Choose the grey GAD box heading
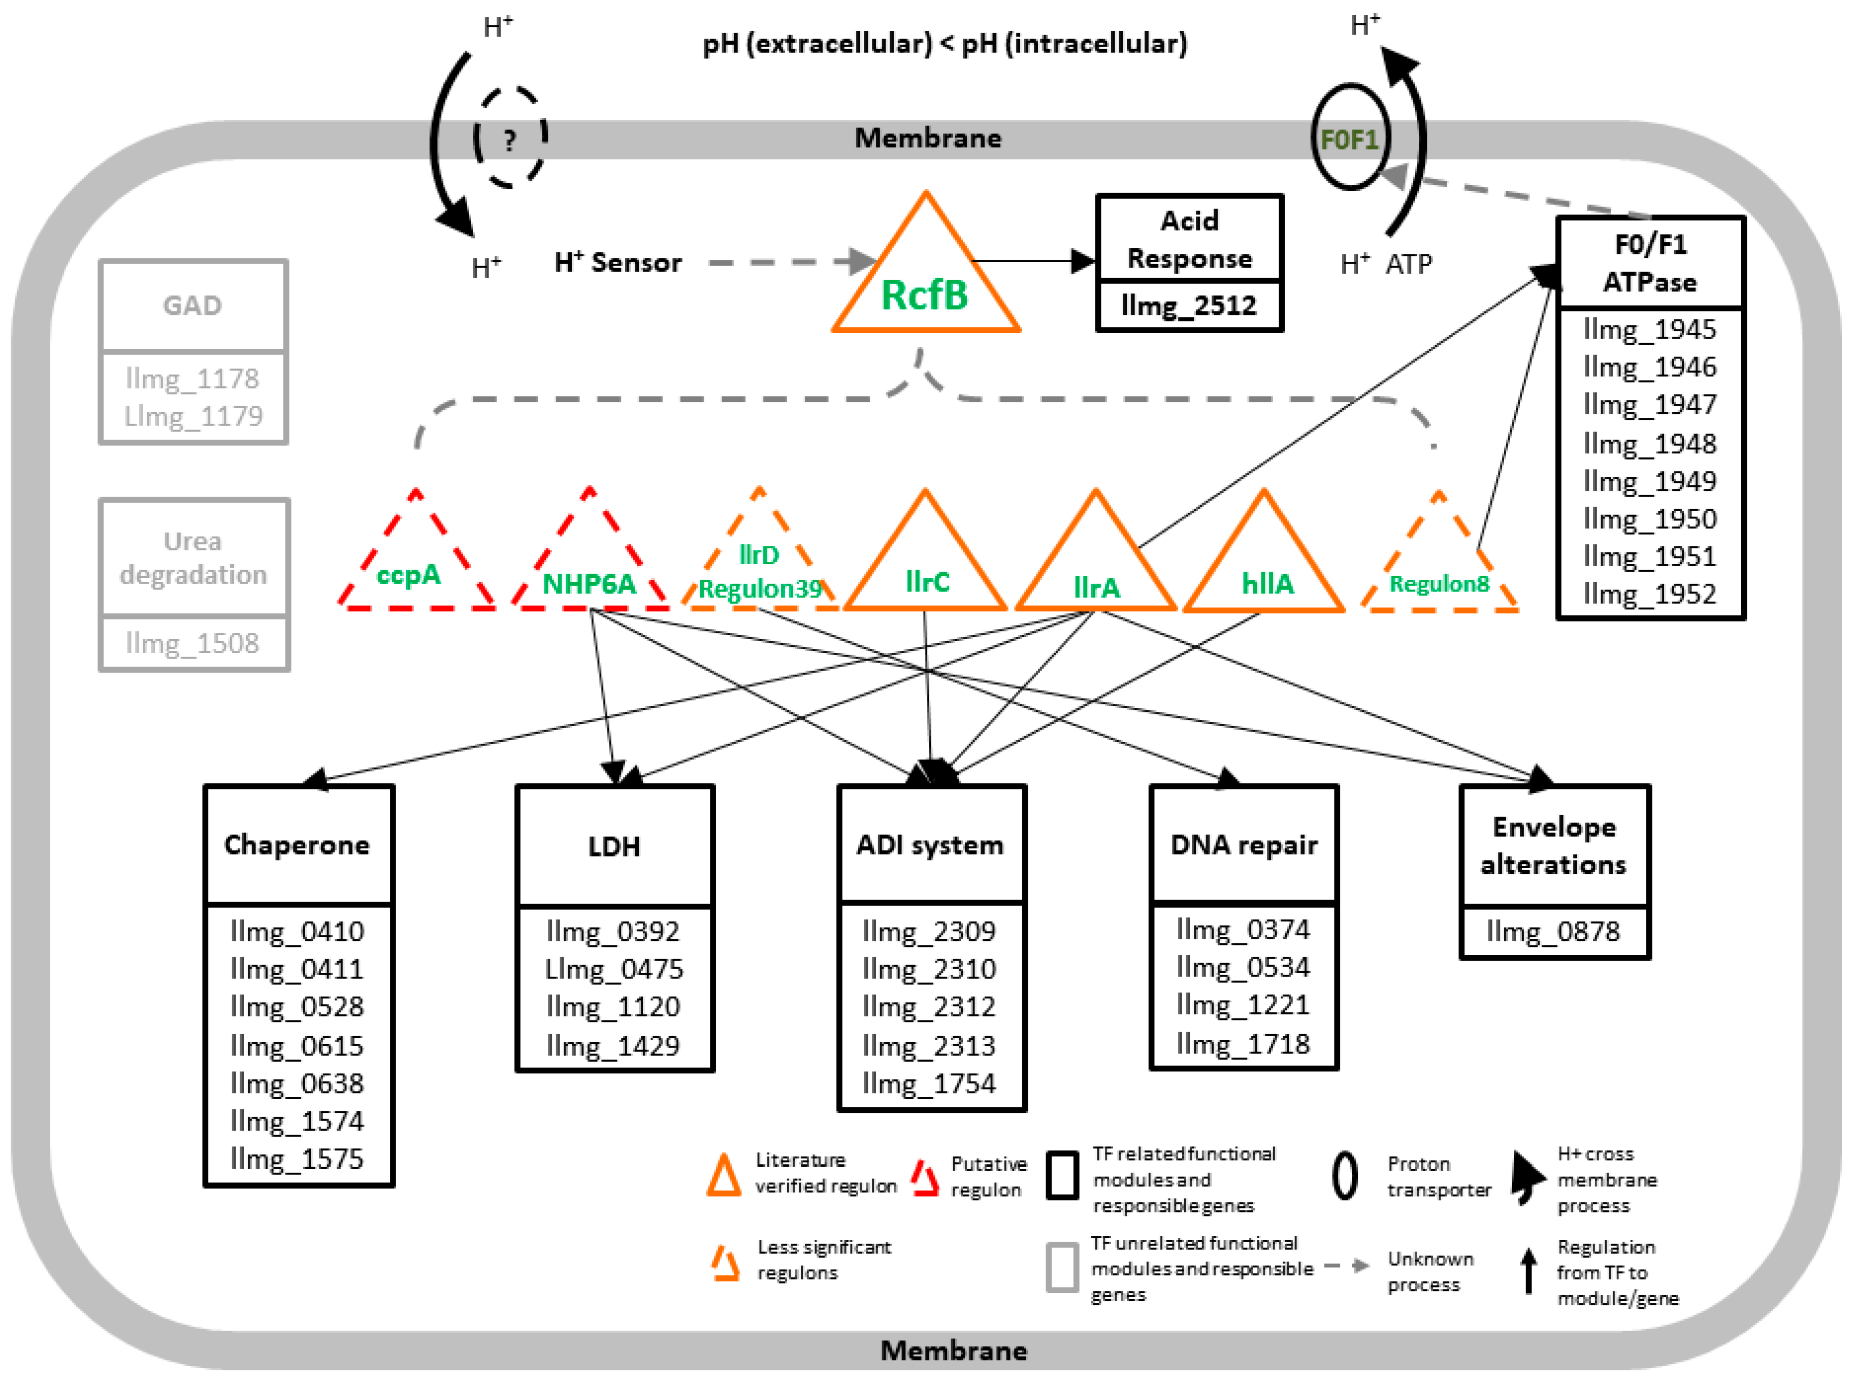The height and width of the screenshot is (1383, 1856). (192, 306)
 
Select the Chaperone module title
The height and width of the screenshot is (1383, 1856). (297, 845)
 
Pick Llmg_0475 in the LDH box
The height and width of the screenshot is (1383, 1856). (613, 969)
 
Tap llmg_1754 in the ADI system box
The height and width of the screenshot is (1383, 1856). (929, 1084)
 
